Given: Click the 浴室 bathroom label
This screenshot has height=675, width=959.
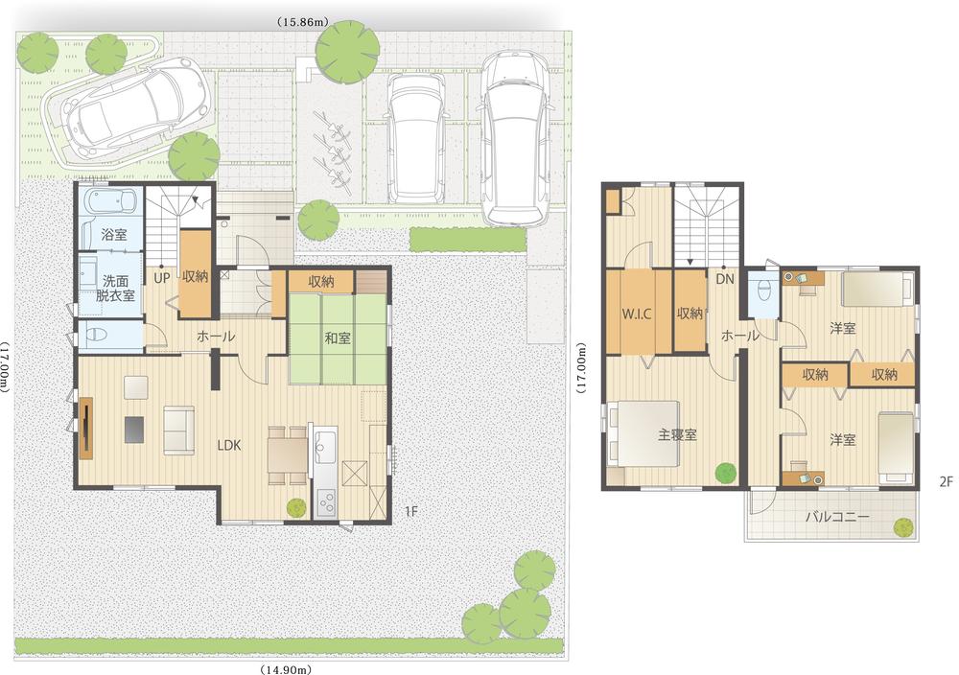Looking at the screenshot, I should pyautogui.click(x=114, y=234).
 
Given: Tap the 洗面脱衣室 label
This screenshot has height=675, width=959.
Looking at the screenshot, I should pyautogui.click(x=114, y=289).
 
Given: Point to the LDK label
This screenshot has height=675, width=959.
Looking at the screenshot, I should pyautogui.click(x=229, y=445).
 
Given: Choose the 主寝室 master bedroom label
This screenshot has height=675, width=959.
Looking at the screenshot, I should pyautogui.click(x=677, y=434).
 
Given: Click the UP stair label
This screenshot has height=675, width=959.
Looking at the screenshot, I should pyautogui.click(x=162, y=277).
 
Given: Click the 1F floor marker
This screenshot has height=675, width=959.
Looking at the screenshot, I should pyautogui.click(x=410, y=511).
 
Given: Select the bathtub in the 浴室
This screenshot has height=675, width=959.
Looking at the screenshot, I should pyautogui.click(x=111, y=203).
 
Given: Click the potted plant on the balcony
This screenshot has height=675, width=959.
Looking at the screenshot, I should pyautogui.click(x=902, y=526).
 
